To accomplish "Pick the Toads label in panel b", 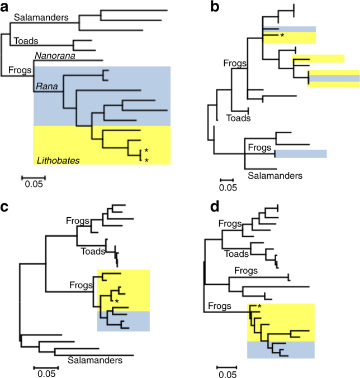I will click(238, 118).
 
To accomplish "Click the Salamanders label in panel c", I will click(95, 361).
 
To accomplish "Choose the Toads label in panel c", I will click(92, 251).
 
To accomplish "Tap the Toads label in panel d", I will click(237, 254).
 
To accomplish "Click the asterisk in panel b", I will click(282, 36).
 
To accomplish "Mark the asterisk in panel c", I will click(117, 302).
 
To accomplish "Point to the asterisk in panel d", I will click(259, 307).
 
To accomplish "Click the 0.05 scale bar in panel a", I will click(34, 179).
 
